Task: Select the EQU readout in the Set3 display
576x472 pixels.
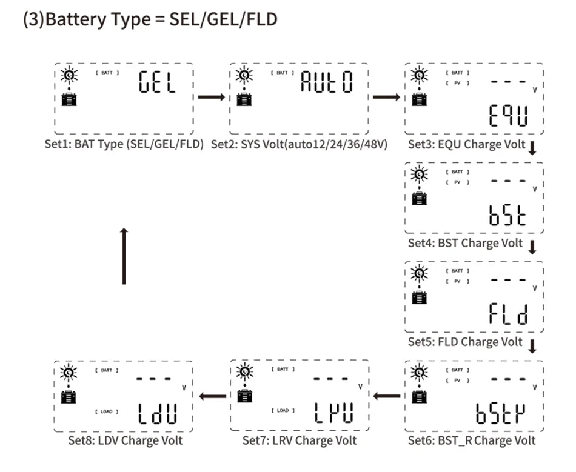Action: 507,117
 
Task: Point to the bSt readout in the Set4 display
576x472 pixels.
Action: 507,216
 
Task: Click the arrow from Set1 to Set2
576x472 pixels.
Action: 211,97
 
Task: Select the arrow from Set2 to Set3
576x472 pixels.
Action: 386,97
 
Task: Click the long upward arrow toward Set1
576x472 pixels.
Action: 124,256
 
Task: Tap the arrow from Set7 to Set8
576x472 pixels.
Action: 212,397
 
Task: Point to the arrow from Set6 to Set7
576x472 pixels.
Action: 387,397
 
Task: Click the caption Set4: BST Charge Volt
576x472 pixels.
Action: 465,244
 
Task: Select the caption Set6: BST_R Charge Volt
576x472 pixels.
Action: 472,440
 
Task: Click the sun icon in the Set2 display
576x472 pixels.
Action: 244,76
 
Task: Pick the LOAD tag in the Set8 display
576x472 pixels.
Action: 107,411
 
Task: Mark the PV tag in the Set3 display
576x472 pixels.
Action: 458,83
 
